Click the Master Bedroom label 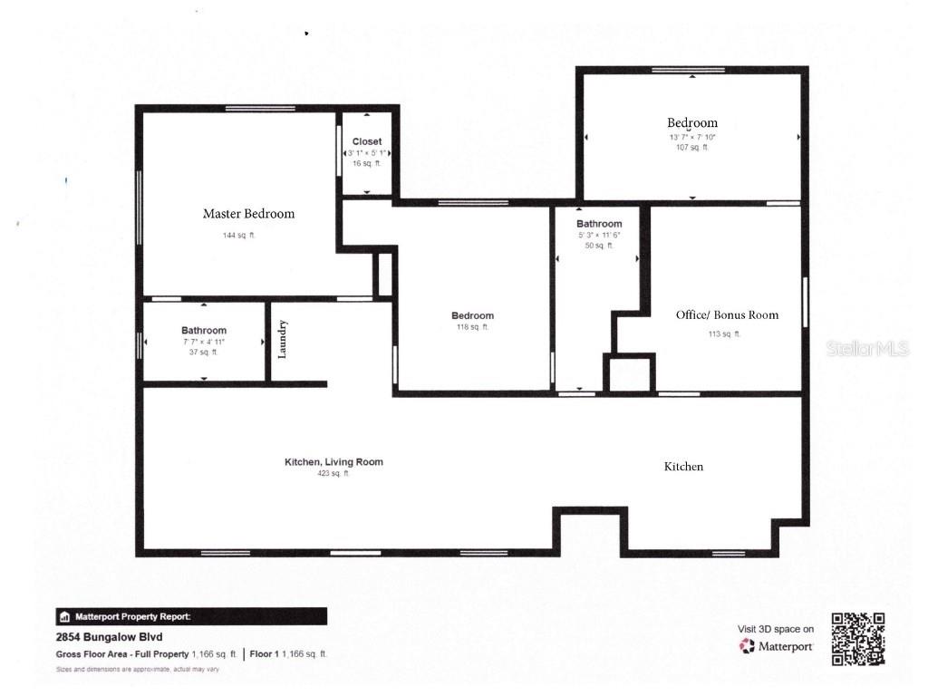click(x=248, y=214)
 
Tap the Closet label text click(x=367, y=141)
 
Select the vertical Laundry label click(x=283, y=339)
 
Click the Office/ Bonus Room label click(x=727, y=315)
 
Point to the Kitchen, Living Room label click(x=333, y=462)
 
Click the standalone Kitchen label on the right click(x=683, y=467)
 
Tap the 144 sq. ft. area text click(x=240, y=236)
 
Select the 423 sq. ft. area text click(x=333, y=473)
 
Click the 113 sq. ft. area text click(x=724, y=334)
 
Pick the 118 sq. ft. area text click(x=472, y=327)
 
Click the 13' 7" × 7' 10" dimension click(x=692, y=137)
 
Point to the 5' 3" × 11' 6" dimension click(x=599, y=235)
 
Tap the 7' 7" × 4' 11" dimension click(x=203, y=342)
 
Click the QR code click(x=857, y=639)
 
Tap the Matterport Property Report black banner click(x=191, y=616)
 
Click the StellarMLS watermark click(x=867, y=349)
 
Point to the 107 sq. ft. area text click(x=692, y=147)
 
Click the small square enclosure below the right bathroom click(x=629, y=373)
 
